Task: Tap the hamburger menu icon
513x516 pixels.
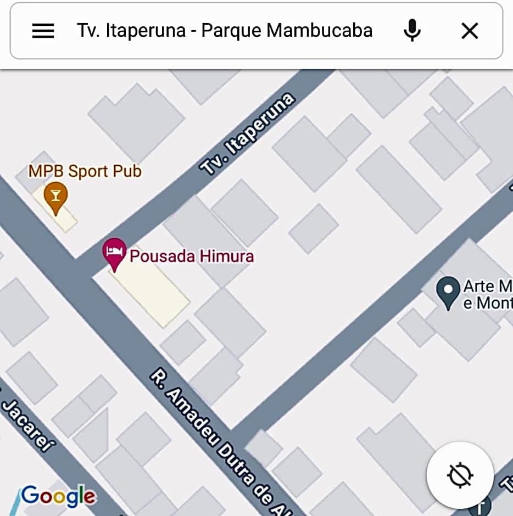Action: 43,31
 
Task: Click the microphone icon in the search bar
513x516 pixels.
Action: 412,31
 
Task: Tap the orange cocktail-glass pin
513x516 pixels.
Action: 55,196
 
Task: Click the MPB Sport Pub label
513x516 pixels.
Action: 85,171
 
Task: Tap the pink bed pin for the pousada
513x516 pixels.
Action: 114,253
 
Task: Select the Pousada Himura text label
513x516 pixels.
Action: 192,256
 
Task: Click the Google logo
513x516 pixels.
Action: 58,496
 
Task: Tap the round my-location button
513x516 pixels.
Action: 460,475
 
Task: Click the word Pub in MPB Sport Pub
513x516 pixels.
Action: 127,171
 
